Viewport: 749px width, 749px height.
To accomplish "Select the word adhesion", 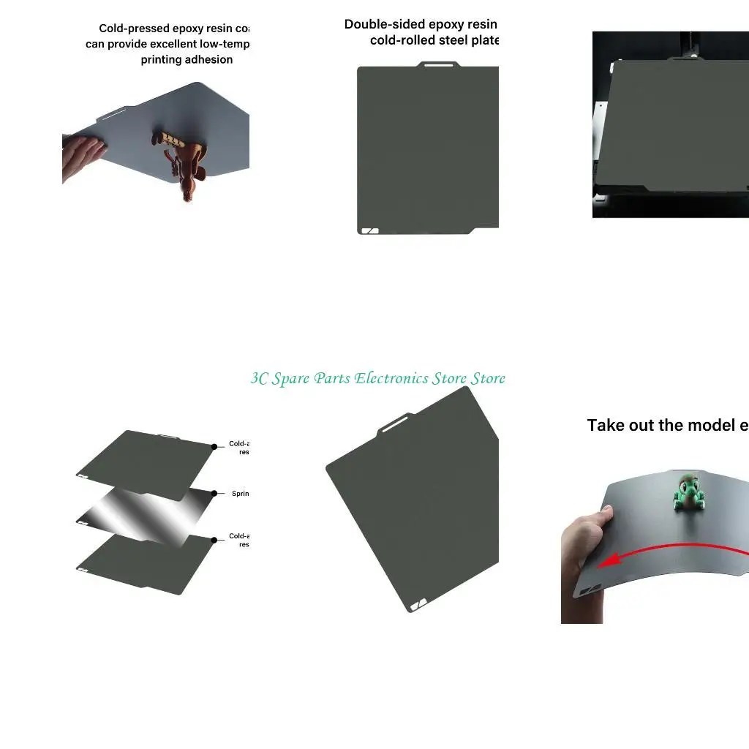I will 209,60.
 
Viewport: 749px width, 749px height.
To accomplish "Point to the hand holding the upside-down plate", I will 82,155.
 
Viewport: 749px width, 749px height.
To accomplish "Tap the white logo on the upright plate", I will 370,230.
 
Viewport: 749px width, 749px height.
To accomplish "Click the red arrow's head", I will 606,561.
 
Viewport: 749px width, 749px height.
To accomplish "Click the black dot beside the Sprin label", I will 214,494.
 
